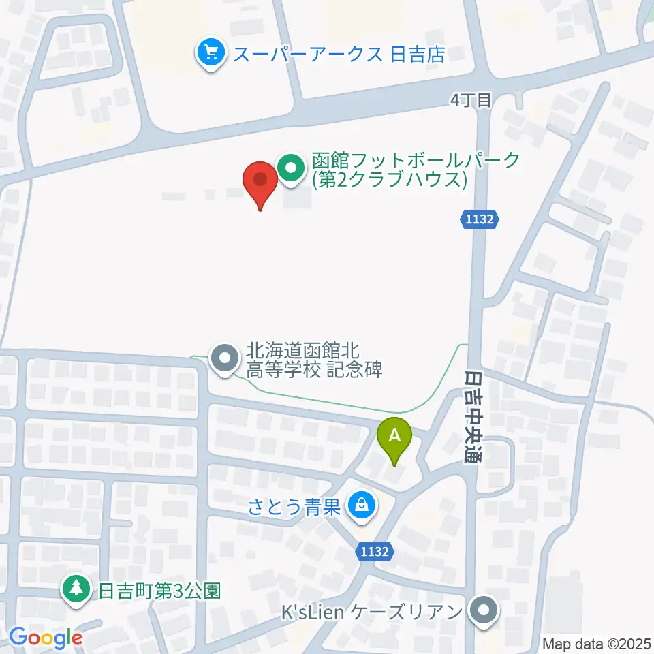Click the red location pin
(x=260, y=182)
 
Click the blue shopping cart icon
(x=211, y=52)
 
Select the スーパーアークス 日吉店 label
(x=339, y=54)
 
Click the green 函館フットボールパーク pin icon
(x=292, y=168)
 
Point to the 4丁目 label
(x=471, y=100)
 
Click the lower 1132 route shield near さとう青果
(x=376, y=553)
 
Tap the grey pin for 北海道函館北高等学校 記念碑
(x=223, y=358)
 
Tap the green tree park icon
(x=76, y=589)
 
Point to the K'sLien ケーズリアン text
(x=373, y=610)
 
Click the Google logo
(x=46, y=638)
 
